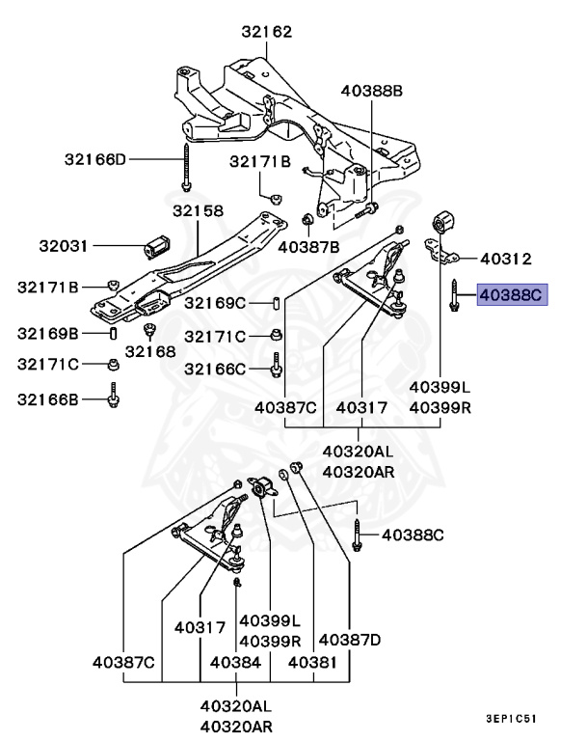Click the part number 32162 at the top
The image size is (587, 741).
[266, 32]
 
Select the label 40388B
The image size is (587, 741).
[371, 91]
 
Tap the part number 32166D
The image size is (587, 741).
[96, 158]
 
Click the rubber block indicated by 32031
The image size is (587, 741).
[157, 247]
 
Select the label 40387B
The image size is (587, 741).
[308, 247]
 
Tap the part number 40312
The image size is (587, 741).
[506, 259]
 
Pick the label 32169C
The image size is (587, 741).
[216, 303]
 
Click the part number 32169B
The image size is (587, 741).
[48, 334]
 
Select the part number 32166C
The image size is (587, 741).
[216, 369]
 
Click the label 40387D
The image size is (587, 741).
[350, 639]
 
